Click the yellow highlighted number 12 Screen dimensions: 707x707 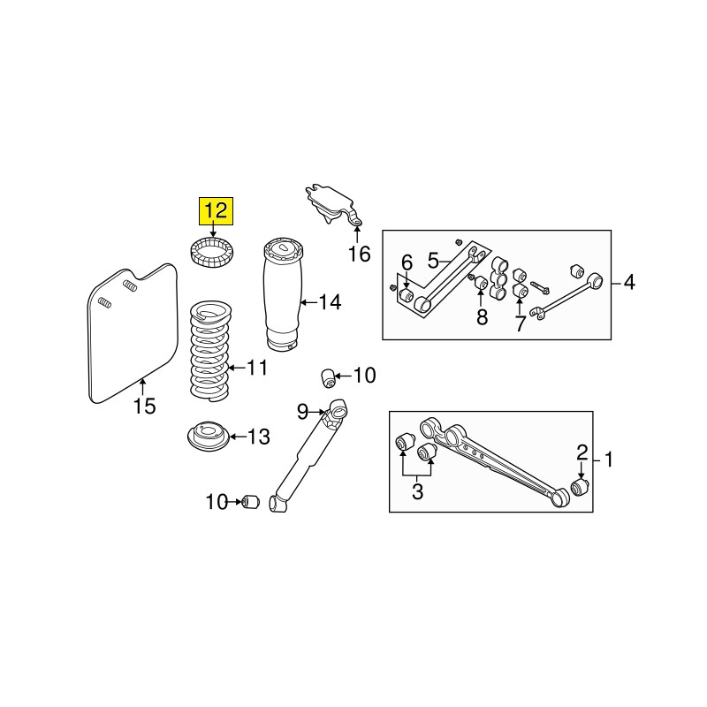[x=217, y=211]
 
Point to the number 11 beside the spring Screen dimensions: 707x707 [x=257, y=368]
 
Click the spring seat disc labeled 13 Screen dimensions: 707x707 [x=209, y=437]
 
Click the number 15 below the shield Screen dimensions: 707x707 [x=145, y=407]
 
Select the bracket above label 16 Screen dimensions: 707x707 [x=335, y=205]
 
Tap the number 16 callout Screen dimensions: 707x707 [x=360, y=254]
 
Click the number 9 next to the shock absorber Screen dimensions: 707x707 [x=302, y=411]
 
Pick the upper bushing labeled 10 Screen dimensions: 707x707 [x=328, y=377]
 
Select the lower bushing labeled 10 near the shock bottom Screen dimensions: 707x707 [x=251, y=502]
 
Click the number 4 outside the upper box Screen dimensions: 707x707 [x=629, y=283]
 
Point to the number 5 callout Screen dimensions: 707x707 [x=433, y=260]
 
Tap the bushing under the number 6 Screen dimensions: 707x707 [x=407, y=296]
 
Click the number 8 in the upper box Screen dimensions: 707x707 [x=482, y=317]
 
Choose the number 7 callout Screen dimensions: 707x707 [x=521, y=323]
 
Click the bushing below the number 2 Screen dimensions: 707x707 [x=580, y=488]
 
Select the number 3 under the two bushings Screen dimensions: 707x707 [x=417, y=491]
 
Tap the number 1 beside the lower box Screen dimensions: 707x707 [x=609, y=460]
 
